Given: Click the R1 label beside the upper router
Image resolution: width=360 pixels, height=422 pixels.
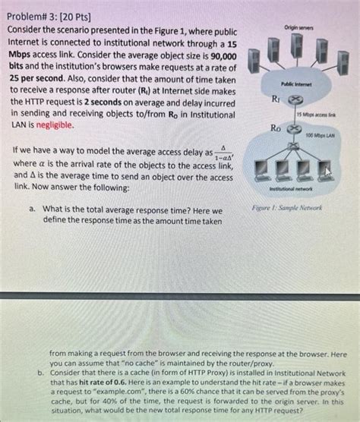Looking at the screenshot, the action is (x=274, y=99).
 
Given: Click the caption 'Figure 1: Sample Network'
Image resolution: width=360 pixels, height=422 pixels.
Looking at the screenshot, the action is (x=286, y=207).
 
